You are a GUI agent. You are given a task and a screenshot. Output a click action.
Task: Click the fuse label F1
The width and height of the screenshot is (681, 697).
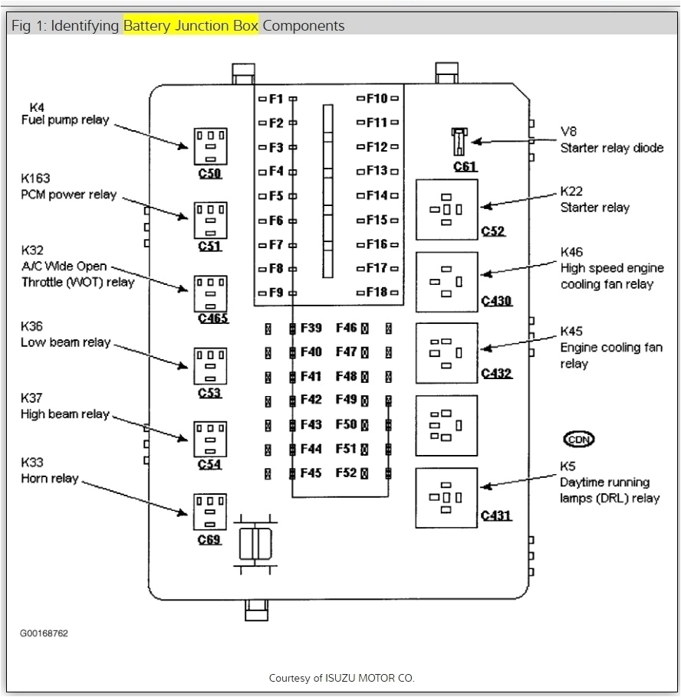coord(276,99)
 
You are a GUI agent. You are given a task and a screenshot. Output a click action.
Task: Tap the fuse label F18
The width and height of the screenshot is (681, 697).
coord(376,292)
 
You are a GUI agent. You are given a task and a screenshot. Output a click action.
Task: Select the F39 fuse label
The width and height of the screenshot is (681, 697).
coord(311,329)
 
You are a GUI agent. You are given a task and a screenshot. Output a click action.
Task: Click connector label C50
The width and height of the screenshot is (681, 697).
coord(209,174)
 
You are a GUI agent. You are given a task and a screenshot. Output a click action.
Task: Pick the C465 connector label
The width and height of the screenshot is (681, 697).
coord(212,318)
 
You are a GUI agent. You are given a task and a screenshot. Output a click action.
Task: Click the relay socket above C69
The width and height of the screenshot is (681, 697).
coord(209,512)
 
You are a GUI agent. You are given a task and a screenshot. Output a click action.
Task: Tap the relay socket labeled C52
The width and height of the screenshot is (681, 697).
coord(446,209)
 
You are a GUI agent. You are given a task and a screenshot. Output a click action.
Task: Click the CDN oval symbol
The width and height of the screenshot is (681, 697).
coord(579,440)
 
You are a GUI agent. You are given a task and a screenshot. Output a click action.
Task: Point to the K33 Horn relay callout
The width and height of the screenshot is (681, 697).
coord(50,470)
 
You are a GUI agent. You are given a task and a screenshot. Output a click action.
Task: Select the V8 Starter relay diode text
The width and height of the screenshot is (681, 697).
coord(610,140)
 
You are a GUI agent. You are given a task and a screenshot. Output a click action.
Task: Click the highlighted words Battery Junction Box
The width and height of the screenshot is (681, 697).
coord(191,25)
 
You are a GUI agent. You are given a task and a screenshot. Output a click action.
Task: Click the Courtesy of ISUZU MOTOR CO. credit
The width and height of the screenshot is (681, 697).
coord(341,678)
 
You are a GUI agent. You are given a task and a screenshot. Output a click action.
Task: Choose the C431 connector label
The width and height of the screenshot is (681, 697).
coord(496,515)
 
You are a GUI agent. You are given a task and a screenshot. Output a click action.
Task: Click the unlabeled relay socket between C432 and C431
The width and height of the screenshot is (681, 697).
coord(446,425)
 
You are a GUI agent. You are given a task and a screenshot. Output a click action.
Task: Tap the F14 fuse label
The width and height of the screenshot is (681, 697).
coord(376,195)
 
